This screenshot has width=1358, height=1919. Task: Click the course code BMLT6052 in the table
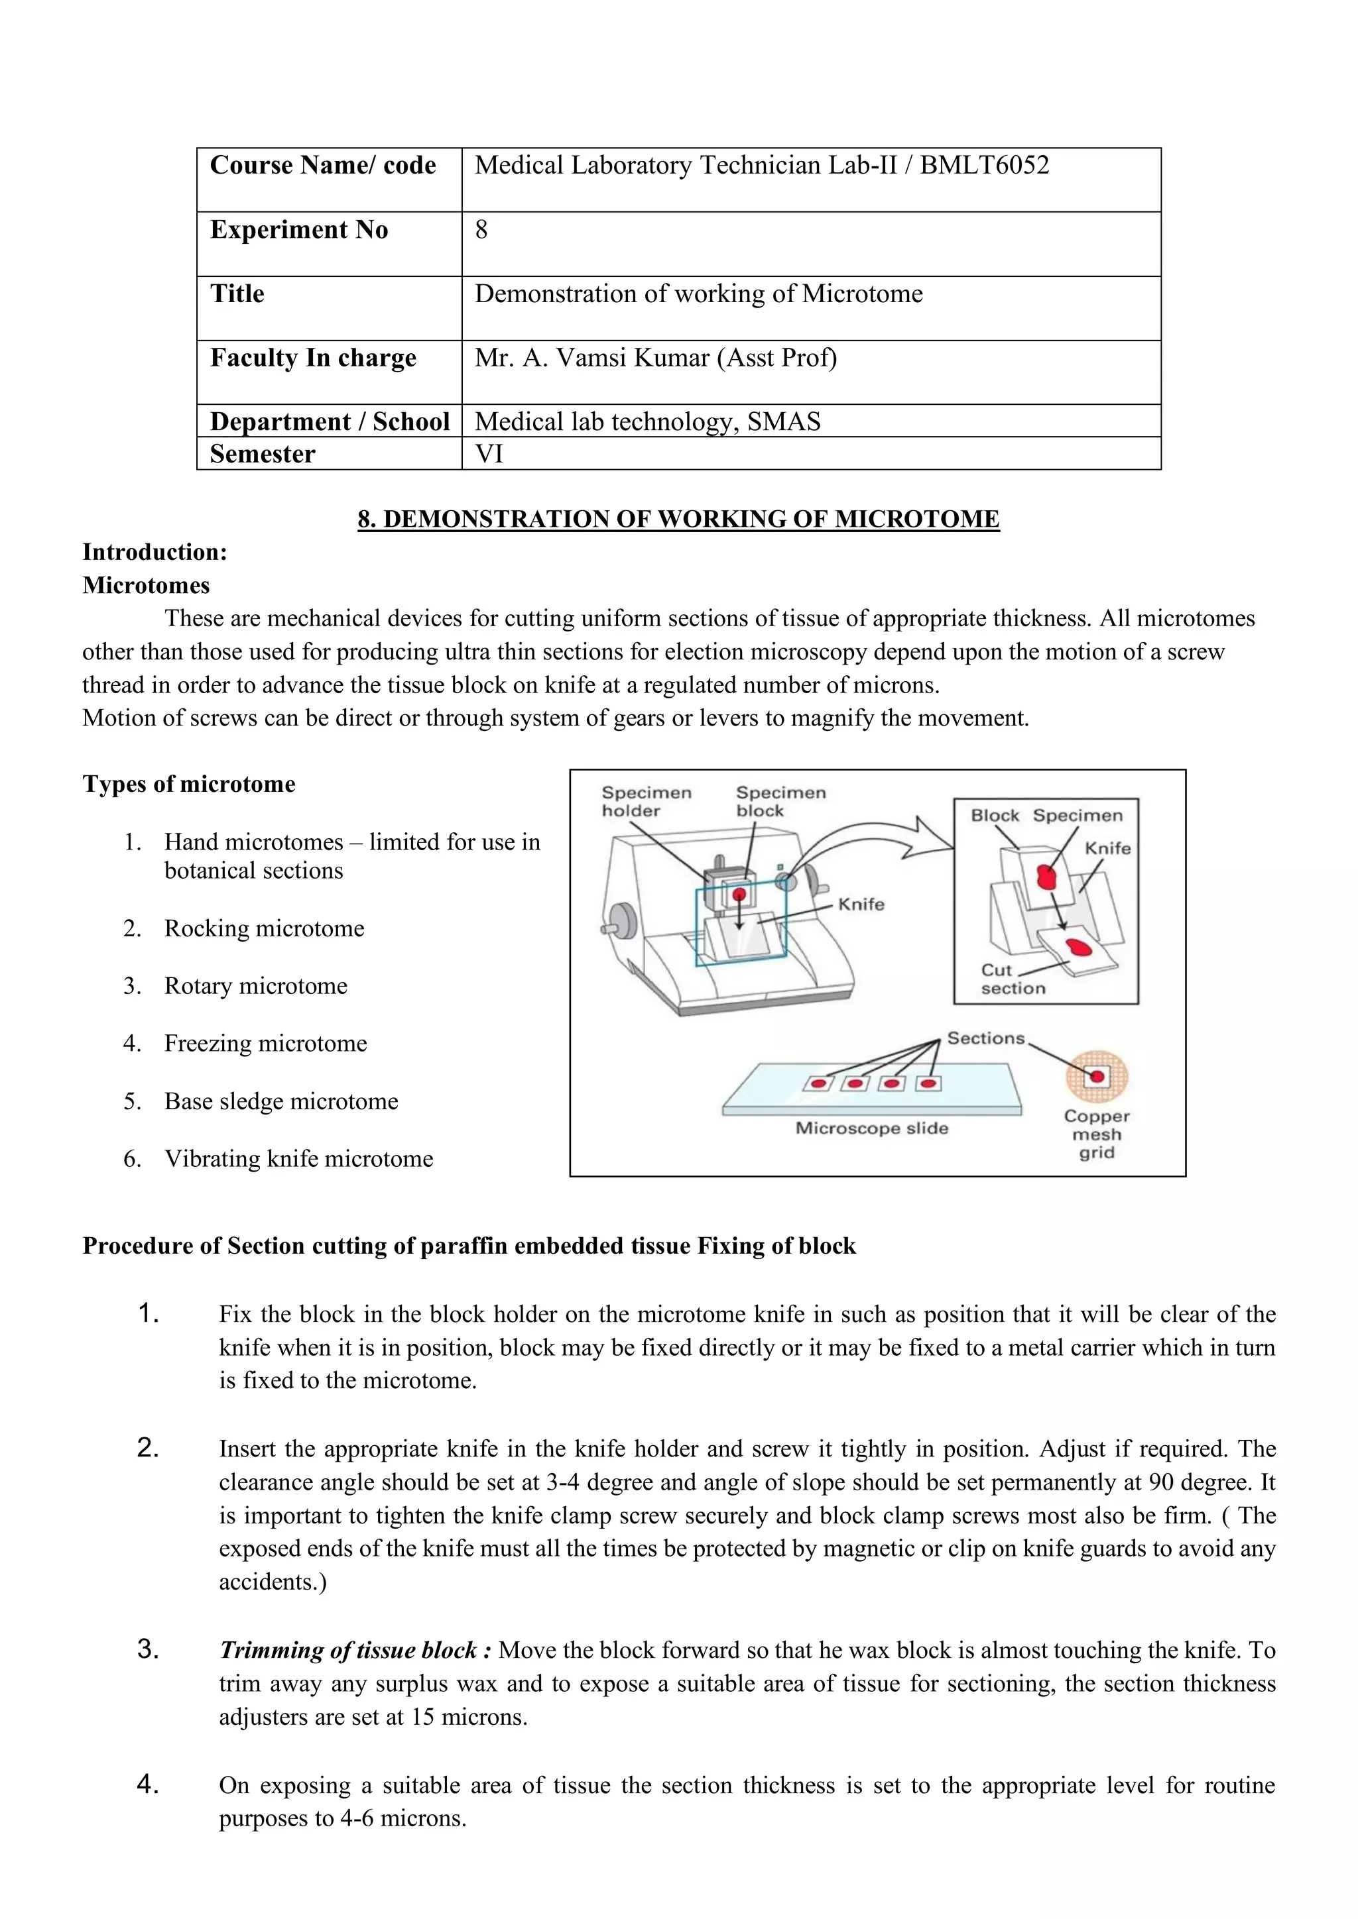point(984,166)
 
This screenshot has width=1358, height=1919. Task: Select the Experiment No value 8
point(481,230)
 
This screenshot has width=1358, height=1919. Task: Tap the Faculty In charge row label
point(313,358)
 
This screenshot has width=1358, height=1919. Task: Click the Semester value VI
point(489,454)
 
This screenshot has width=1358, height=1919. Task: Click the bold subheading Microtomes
point(145,585)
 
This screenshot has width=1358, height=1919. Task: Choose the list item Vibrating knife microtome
point(298,1158)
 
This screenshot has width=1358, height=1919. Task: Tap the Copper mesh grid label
point(1096,1134)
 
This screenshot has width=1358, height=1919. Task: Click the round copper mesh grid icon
point(1096,1077)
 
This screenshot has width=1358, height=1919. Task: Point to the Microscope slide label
point(871,1128)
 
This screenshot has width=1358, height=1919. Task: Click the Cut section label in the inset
point(1012,979)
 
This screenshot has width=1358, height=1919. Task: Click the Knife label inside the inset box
point(1107,848)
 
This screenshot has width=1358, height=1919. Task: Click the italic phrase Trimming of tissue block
point(348,1651)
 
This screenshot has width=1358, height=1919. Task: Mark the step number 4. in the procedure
point(148,1785)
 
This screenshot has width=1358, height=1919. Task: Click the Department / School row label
point(330,421)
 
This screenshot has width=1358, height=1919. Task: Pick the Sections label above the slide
point(985,1038)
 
